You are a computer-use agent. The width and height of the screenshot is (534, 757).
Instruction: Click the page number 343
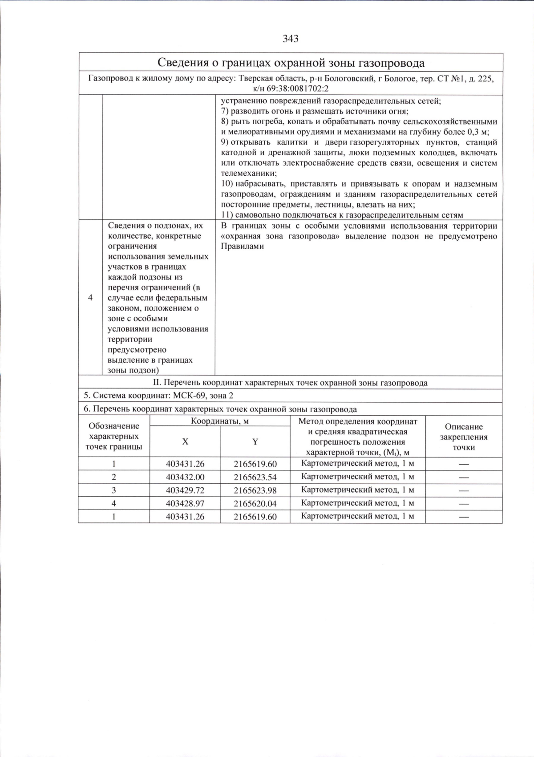[x=290, y=39]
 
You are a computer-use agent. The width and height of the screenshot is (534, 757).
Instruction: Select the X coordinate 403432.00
[x=185, y=477]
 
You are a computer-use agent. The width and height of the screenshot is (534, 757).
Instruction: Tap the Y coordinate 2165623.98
[x=255, y=490]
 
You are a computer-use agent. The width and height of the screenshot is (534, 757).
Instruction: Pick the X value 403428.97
[x=185, y=503]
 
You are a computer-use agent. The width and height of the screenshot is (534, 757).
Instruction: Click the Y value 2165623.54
[x=255, y=477]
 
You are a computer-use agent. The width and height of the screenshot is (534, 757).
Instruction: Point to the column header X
[x=185, y=441]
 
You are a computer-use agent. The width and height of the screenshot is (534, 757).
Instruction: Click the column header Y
[x=255, y=441]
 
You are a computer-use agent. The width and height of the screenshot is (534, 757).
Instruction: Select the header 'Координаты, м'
[x=220, y=421]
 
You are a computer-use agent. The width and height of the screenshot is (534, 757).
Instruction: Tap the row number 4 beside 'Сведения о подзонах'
[x=91, y=298]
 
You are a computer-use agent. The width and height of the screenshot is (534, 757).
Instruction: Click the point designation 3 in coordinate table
[x=114, y=490]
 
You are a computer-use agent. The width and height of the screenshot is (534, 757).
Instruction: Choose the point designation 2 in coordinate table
[x=114, y=477]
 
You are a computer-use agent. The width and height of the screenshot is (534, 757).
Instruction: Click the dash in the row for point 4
[x=464, y=503]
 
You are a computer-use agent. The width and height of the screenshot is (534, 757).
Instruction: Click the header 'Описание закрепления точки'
[x=464, y=437]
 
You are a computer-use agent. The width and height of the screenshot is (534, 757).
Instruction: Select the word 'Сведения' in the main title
[x=180, y=63]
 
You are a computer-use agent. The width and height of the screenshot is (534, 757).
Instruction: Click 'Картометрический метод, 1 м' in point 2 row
[x=357, y=477]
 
